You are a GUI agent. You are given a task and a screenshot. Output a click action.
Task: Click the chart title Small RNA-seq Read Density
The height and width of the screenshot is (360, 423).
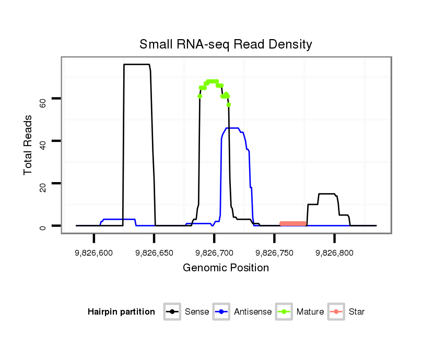point(226,44)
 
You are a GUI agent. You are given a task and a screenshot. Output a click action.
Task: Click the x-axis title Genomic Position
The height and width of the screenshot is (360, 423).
point(226,268)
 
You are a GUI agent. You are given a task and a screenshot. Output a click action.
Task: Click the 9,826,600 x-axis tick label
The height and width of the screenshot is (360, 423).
point(94,253)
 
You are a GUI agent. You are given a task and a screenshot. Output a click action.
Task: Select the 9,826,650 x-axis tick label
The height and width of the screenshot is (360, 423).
point(154,253)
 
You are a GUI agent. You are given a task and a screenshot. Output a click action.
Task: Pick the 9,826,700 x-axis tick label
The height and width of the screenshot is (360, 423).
point(214,253)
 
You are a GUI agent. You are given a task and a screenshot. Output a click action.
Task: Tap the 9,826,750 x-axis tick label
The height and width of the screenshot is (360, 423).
point(274,253)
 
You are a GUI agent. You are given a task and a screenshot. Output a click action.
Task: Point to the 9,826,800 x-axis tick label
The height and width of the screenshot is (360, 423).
point(334,253)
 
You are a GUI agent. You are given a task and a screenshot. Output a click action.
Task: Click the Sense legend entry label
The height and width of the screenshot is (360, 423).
point(197,312)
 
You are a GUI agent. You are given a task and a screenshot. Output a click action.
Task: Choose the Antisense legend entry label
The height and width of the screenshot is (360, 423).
point(253,312)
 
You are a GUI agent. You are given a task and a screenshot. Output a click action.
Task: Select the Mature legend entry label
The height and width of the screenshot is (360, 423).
point(310,312)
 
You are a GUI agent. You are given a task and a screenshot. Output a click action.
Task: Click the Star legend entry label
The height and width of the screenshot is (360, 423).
point(357,312)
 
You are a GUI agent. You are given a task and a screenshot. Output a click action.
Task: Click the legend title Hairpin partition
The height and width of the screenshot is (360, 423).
point(121,312)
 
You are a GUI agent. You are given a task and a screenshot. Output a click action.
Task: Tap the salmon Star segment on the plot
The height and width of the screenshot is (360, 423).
point(293,223)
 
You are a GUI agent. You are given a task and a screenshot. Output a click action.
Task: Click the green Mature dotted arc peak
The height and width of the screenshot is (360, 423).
point(213,81)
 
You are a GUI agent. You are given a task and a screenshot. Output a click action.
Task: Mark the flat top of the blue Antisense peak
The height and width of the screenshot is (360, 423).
point(232,128)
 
